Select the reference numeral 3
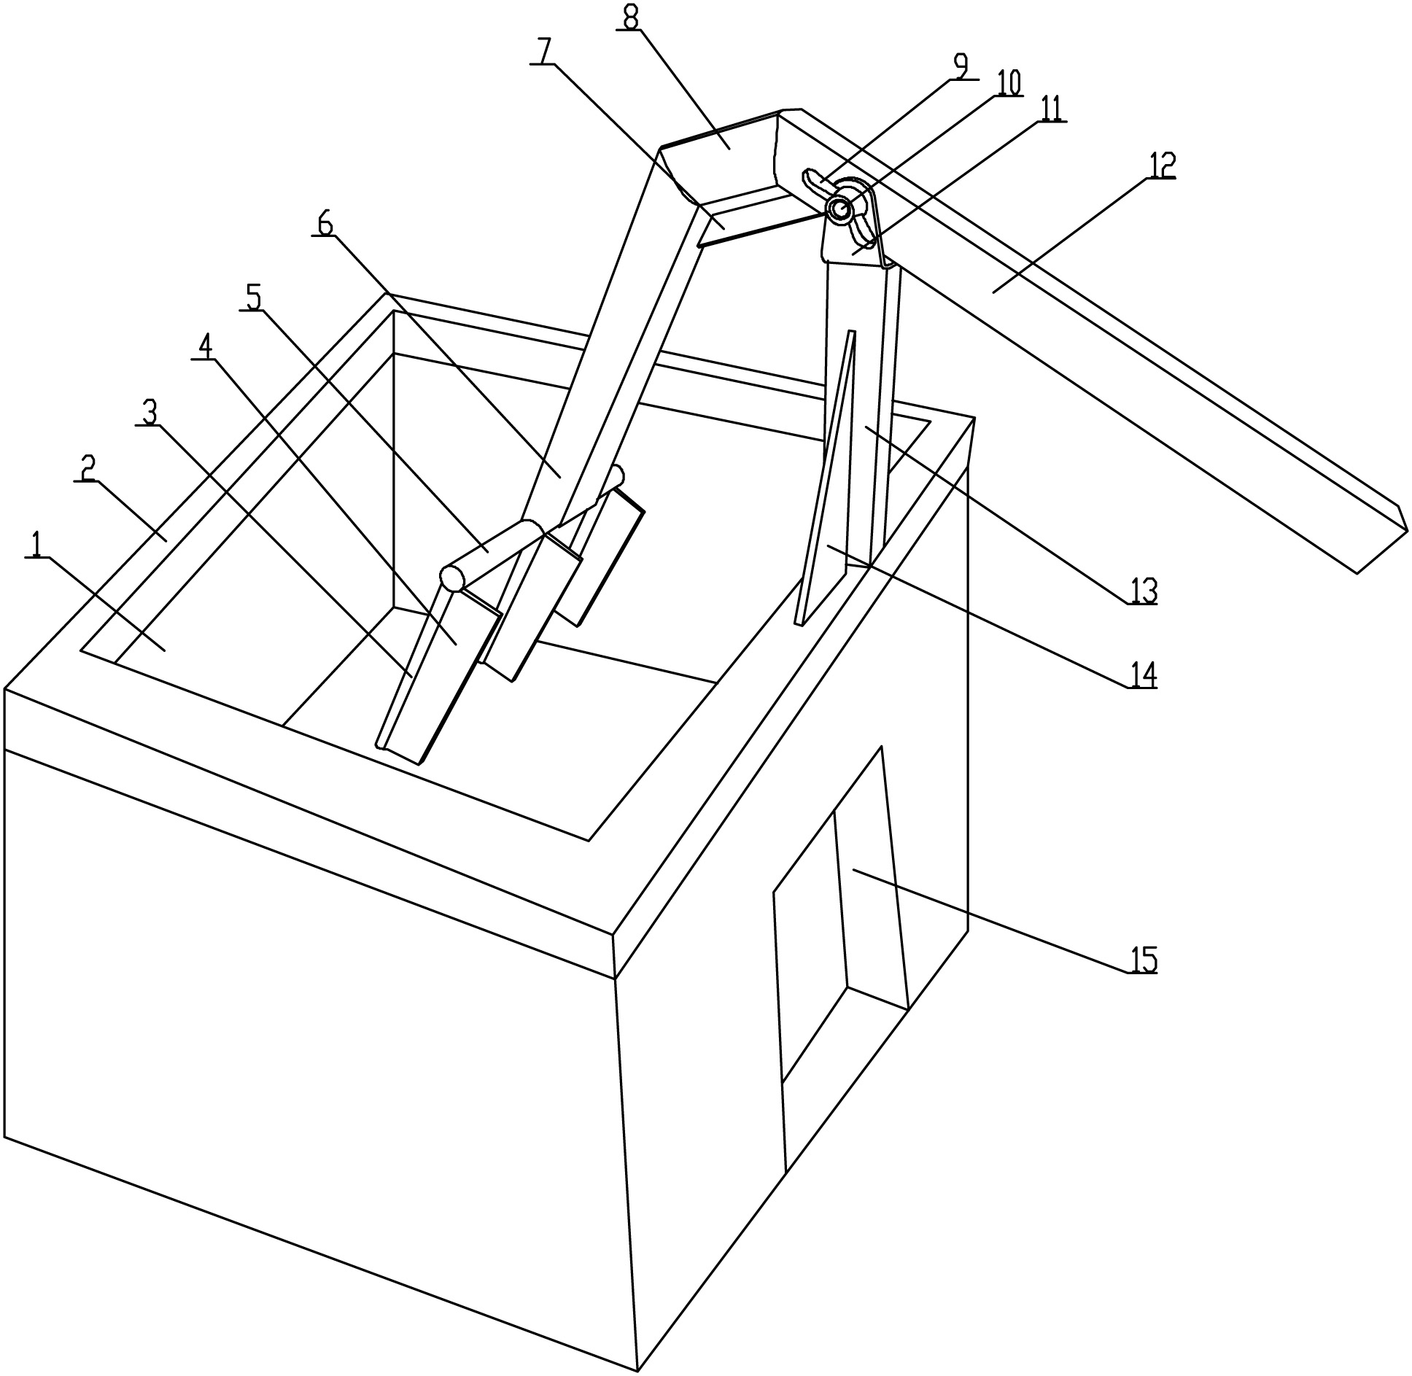point(149,413)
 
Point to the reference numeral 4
point(206,348)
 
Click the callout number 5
point(252,297)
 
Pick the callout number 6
point(324,224)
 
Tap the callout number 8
point(629,18)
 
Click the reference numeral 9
point(960,67)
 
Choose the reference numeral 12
point(1163,166)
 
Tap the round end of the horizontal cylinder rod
point(452,578)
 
